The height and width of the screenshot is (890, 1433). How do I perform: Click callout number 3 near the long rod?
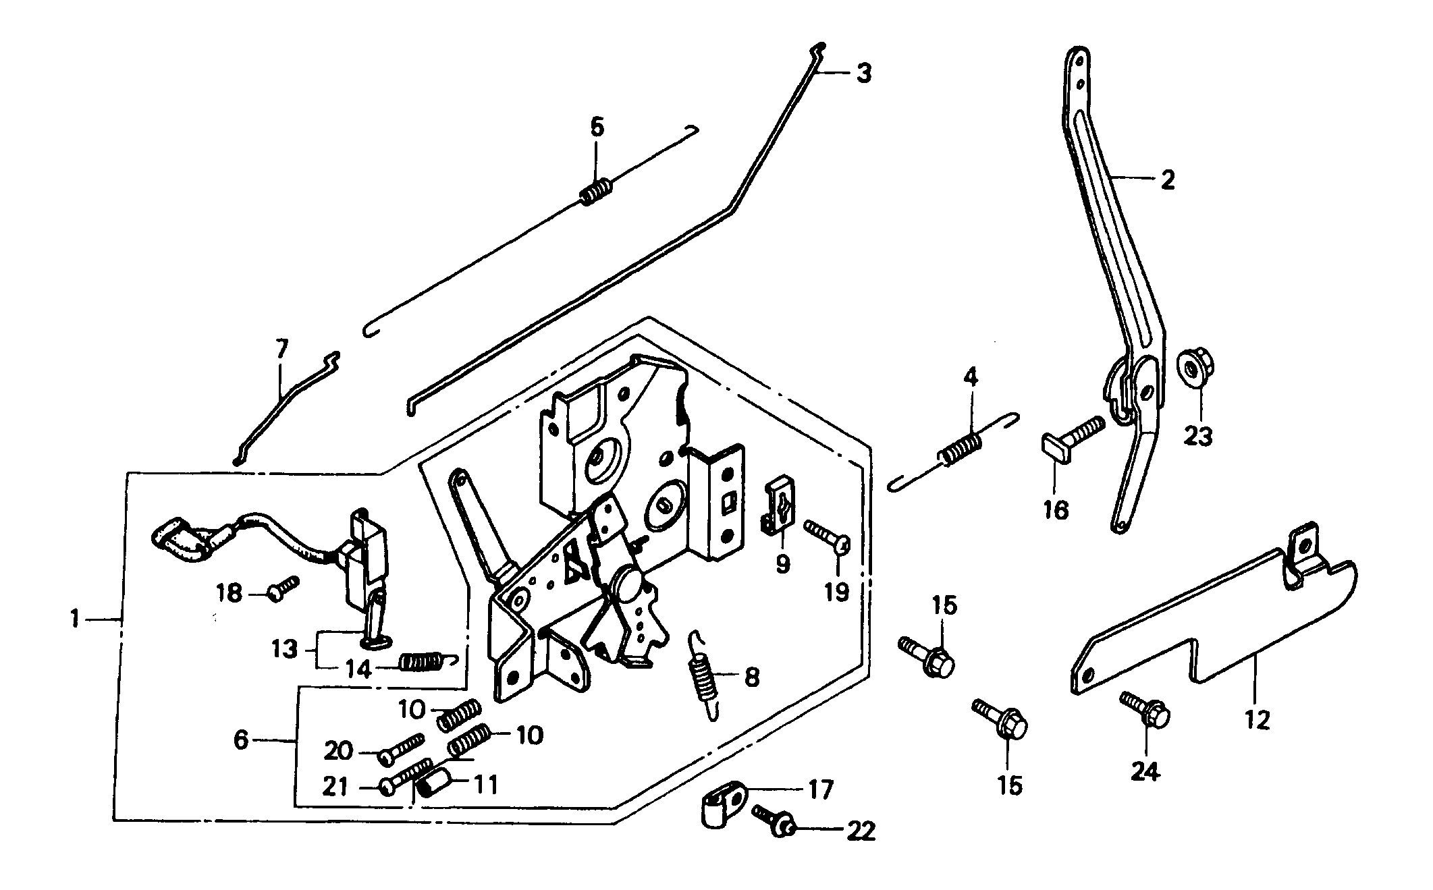863,73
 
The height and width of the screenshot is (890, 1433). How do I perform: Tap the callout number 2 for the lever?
1167,180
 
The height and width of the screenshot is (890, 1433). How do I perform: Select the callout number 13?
284,649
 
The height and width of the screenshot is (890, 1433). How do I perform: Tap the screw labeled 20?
402,750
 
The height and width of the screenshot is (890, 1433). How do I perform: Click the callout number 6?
242,740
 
